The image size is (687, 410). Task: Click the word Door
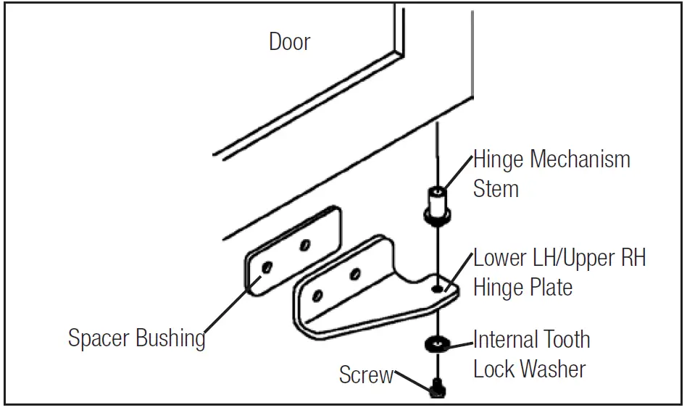289,42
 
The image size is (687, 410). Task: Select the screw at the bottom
437,388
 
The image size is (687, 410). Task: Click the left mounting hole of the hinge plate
317,296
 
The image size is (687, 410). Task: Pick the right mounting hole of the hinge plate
355,274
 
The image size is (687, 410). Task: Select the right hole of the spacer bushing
305,246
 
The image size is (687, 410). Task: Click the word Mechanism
580,159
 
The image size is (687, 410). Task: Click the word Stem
496,189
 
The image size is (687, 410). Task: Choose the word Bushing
172,338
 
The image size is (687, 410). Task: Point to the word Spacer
101,338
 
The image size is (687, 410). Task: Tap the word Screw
366,375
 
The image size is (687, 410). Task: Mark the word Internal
501,339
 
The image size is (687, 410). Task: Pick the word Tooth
562,339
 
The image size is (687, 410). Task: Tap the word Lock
495,369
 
